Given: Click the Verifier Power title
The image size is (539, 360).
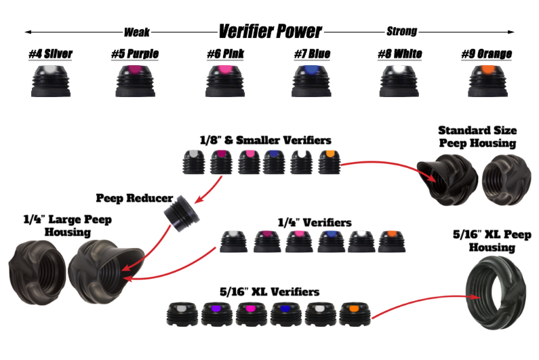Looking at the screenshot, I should [269, 31].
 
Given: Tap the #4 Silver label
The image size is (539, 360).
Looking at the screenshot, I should [51, 54].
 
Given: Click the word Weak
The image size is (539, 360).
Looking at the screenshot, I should [136, 31].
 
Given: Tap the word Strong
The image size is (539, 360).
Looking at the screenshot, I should [401, 31].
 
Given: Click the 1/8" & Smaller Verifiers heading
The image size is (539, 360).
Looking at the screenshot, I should [265, 140].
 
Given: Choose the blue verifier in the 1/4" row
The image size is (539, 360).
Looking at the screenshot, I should [330, 241].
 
